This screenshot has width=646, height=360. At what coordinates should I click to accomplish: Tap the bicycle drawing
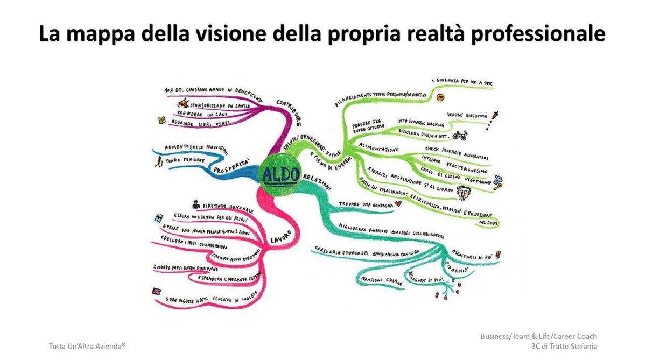click(459, 135)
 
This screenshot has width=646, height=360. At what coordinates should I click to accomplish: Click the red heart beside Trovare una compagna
click(398, 203)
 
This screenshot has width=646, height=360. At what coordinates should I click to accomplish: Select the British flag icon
click(157, 291)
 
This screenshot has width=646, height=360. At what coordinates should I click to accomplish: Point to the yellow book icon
click(161, 121)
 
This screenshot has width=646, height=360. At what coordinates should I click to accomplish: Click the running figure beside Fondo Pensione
click(158, 160)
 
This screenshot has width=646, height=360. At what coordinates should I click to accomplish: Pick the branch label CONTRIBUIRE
click(289, 111)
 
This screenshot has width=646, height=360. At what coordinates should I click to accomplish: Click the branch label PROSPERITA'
click(233, 166)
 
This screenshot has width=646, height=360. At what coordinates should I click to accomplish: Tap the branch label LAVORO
click(280, 236)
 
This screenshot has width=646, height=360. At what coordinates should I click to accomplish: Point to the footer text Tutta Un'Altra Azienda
click(87, 346)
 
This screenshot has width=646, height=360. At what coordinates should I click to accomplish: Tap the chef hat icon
click(497, 181)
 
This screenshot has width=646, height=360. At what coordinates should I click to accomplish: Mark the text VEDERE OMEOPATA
click(467, 115)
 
